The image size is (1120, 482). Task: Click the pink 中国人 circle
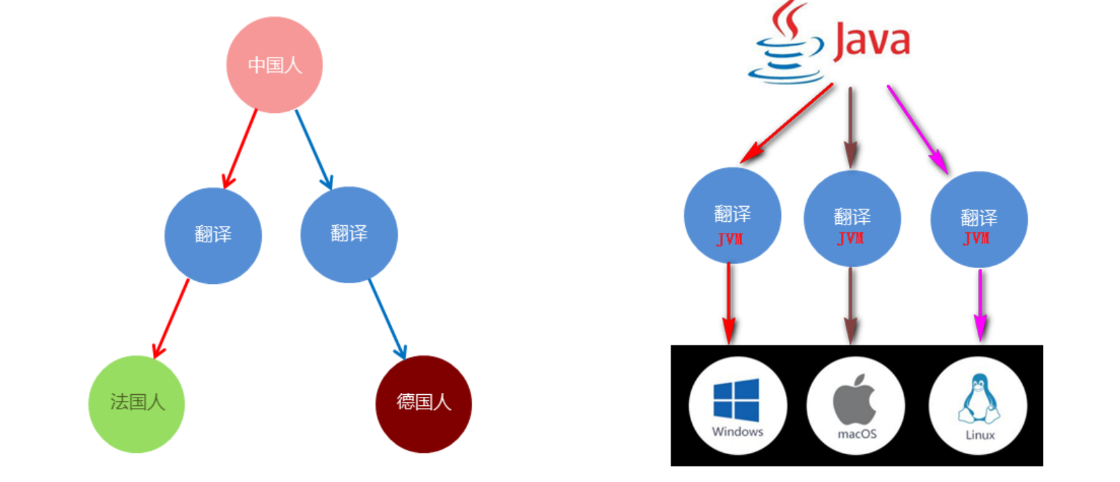[x=274, y=65]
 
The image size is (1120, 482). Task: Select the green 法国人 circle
[x=137, y=403]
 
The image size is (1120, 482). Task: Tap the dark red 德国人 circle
[x=423, y=403]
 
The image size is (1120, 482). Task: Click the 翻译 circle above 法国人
[x=213, y=235]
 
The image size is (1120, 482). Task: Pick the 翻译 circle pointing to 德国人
[x=349, y=234]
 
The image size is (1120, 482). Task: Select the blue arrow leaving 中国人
[x=313, y=149]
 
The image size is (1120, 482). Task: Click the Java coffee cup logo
[x=786, y=46]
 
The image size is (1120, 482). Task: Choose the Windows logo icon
[x=736, y=399]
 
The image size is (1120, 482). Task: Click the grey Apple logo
[x=855, y=399]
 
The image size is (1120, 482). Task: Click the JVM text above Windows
[x=730, y=239]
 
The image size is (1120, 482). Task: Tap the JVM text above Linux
[x=977, y=238]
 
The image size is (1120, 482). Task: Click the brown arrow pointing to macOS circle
[x=851, y=304]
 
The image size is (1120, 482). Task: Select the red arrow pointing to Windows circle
[x=729, y=304]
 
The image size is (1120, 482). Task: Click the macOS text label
[x=857, y=434]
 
